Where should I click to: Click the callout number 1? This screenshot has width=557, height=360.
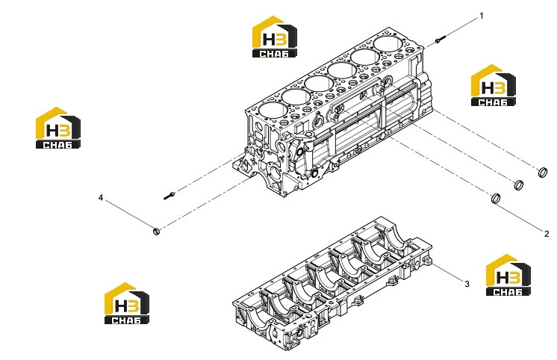click(x=482, y=16)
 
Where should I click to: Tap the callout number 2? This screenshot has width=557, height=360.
click(x=547, y=234)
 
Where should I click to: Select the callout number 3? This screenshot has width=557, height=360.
click(x=467, y=284)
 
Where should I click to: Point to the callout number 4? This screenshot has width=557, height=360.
click(x=101, y=198)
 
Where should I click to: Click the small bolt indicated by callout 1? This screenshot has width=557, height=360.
click(x=440, y=40)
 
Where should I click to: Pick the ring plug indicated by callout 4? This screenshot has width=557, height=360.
click(x=156, y=232)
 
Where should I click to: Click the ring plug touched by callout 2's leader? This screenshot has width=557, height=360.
click(x=496, y=199)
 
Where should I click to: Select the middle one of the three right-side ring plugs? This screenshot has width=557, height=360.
click(x=519, y=184)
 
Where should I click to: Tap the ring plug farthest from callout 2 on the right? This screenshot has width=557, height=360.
click(x=543, y=173)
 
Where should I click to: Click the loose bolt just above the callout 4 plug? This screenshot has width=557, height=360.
click(x=169, y=196)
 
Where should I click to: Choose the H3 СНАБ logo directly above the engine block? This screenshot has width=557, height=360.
click(x=275, y=37)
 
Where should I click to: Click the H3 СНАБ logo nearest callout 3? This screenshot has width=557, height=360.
click(x=508, y=275)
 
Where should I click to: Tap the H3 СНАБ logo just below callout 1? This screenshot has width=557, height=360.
click(x=494, y=85)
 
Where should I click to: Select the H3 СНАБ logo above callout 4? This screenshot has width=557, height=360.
click(x=58, y=128)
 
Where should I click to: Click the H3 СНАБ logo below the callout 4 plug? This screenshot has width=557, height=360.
click(x=127, y=303)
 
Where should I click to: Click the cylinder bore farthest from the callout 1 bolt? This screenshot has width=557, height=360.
click(x=273, y=111)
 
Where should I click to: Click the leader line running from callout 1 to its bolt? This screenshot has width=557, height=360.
click(x=461, y=28)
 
